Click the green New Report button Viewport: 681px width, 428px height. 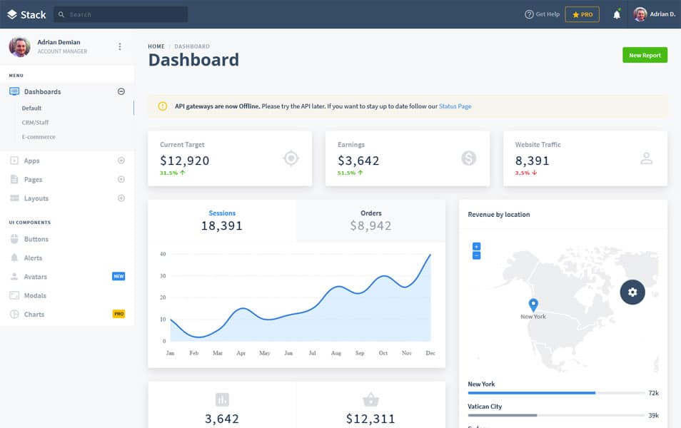pos(645,55)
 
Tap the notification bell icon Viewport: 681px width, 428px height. pos(617,14)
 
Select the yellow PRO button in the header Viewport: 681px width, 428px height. pos(582,14)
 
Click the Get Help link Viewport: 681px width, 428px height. pos(542,14)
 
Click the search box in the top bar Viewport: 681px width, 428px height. pos(121,14)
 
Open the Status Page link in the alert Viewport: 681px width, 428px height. pos(455,106)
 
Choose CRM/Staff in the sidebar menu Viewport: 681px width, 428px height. pos(35,123)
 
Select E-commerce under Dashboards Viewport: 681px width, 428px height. pos(39,137)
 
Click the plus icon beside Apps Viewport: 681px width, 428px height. pos(121,160)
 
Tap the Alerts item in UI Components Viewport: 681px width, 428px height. pos(33,258)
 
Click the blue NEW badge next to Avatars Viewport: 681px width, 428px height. pos(118,277)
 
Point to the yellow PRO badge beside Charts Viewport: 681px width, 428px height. pos(118,314)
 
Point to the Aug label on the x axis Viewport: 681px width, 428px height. pos(336,353)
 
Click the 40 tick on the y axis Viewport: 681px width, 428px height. pos(163,254)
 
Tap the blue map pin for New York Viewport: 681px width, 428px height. pos(533,305)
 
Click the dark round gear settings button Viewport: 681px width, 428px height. pos(632,292)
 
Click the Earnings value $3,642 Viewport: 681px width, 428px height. pos(358,160)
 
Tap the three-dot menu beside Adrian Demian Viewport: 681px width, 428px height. pos(120,47)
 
